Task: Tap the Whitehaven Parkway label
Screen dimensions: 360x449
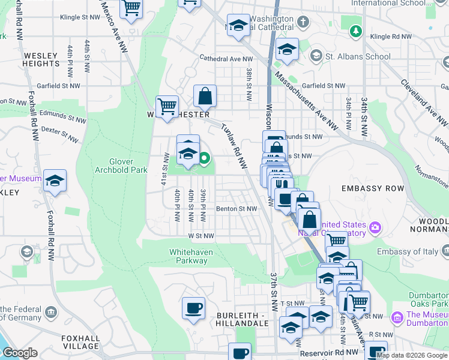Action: (191, 256)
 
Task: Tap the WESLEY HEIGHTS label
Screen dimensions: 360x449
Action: (41, 59)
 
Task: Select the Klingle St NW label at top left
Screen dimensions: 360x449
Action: (80, 17)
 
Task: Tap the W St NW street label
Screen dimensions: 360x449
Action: (201, 236)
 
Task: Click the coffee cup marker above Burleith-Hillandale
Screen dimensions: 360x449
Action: (193, 308)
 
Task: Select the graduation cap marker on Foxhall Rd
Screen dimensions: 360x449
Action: (55, 181)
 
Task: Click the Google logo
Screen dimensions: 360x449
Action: (20, 353)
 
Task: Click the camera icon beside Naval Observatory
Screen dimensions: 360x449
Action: (375, 227)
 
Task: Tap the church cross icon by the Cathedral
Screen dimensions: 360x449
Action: (304, 23)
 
